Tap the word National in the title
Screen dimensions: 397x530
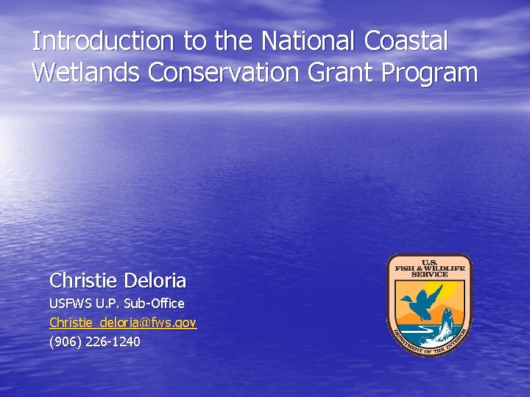click(x=295, y=41)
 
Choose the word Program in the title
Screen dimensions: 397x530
click(x=439, y=74)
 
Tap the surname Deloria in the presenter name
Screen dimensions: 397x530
click(x=155, y=281)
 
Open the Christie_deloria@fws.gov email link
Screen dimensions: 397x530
click(x=122, y=323)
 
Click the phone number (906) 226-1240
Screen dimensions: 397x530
click(x=94, y=342)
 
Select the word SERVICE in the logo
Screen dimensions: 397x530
click(x=429, y=274)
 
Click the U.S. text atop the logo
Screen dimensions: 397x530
click(x=429, y=262)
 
